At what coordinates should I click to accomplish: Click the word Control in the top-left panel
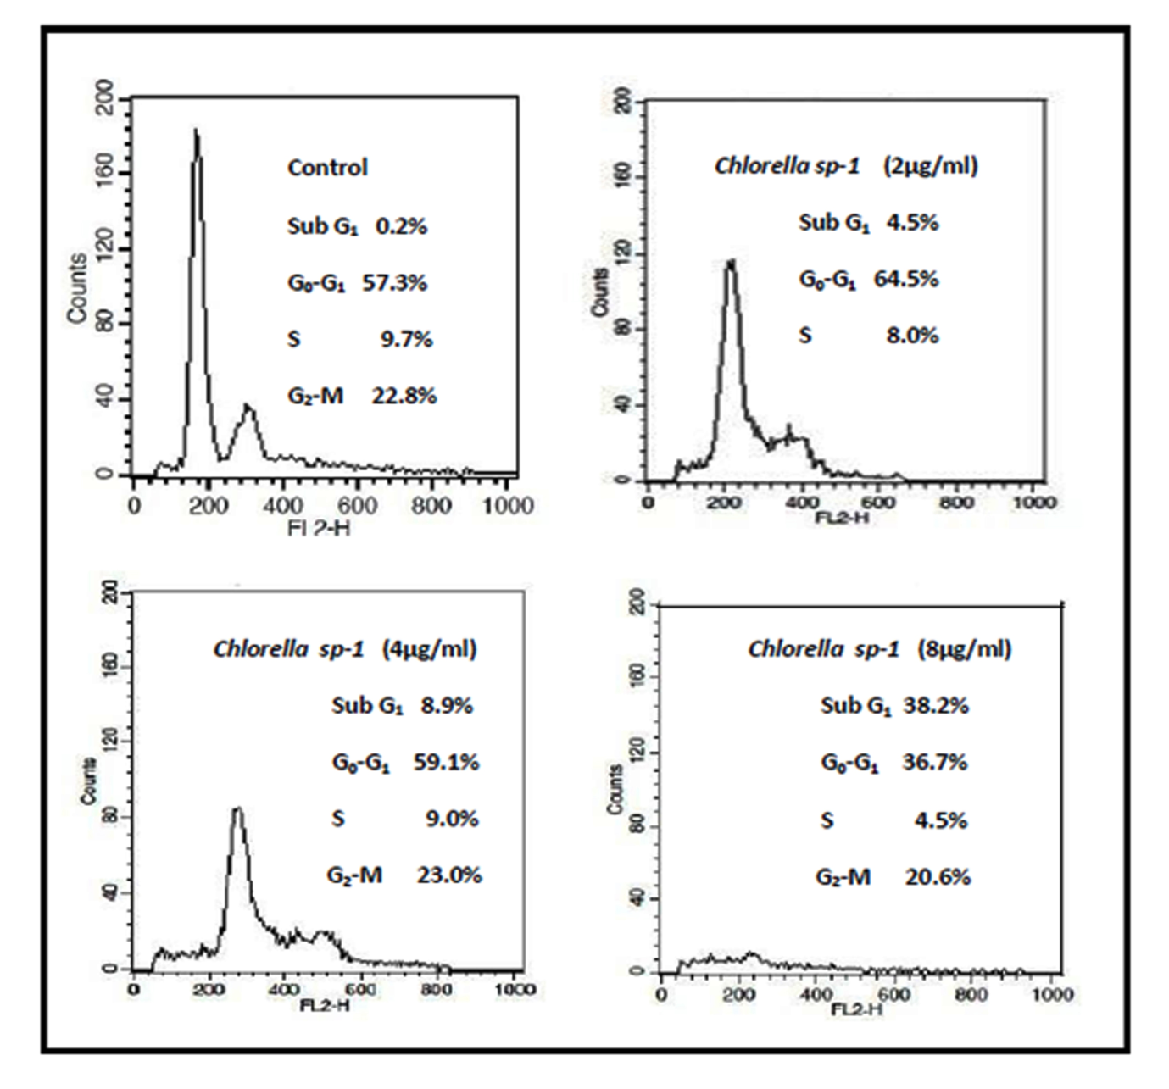pyautogui.click(x=327, y=167)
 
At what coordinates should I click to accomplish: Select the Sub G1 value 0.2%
pyautogui.click(x=402, y=225)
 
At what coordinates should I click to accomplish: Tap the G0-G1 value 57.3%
pyautogui.click(x=394, y=282)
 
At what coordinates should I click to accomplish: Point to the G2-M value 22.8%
pyautogui.click(x=404, y=395)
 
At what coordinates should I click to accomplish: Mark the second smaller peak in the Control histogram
pyautogui.click(x=249, y=408)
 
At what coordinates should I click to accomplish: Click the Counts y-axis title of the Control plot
pyautogui.click(x=77, y=288)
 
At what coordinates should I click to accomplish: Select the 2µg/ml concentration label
pyautogui.click(x=930, y=165)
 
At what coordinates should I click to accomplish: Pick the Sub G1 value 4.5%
pyautogui.click(x=912, y=222)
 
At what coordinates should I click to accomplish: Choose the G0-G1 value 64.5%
pyautogui.click(x=906, y=279)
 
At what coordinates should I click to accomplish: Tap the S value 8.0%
pyautogui.click(x=912, y=336)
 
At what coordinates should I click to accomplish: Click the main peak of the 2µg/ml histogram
pyautogui.click(x=730, y=264)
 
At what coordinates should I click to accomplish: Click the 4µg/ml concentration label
pyautogui.click(x=430, y=649)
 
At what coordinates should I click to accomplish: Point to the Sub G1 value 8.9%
pyautogui.click(x=447, y=705)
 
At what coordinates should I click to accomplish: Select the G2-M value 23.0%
pyautogui.click(x=449, y=875)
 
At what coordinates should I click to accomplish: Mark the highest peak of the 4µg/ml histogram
pyautogui.click(x=238, y=810)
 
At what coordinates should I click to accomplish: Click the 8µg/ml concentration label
pyautogui.click(x=965, y=649)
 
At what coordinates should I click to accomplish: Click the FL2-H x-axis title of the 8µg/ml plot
pyautogui.click(x=857, y=1009)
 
